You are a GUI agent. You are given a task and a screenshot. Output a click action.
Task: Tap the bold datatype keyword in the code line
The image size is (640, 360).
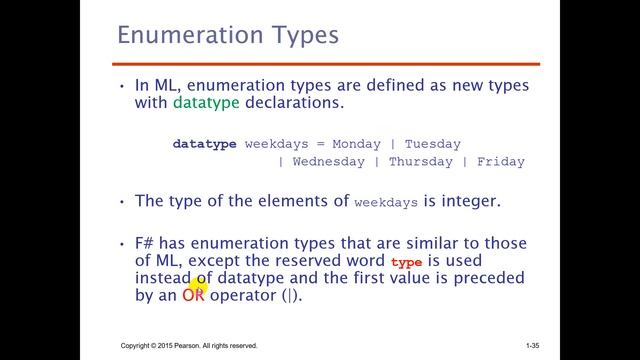tap(204, 144)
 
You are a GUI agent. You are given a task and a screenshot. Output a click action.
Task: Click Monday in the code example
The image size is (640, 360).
tap(357, 144)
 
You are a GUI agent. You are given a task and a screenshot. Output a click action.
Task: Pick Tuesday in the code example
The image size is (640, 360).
tap(432, 144)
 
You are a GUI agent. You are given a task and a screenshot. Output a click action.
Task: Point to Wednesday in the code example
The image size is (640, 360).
tap(328, 162)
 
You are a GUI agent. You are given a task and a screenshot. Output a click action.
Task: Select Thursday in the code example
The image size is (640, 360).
tap(420, 162)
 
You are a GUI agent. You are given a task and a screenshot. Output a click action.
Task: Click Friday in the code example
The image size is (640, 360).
tap(501, 162)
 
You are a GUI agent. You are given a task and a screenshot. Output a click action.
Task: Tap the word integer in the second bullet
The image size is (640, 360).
tap(464, 201)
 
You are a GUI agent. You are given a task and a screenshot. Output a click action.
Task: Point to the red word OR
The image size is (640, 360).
tap(193, 297)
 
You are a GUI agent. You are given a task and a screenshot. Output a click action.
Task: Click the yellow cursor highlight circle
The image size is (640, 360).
tap(196, 289)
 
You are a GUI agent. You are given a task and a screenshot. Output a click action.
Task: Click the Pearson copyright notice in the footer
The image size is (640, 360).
tap(189, 346)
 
